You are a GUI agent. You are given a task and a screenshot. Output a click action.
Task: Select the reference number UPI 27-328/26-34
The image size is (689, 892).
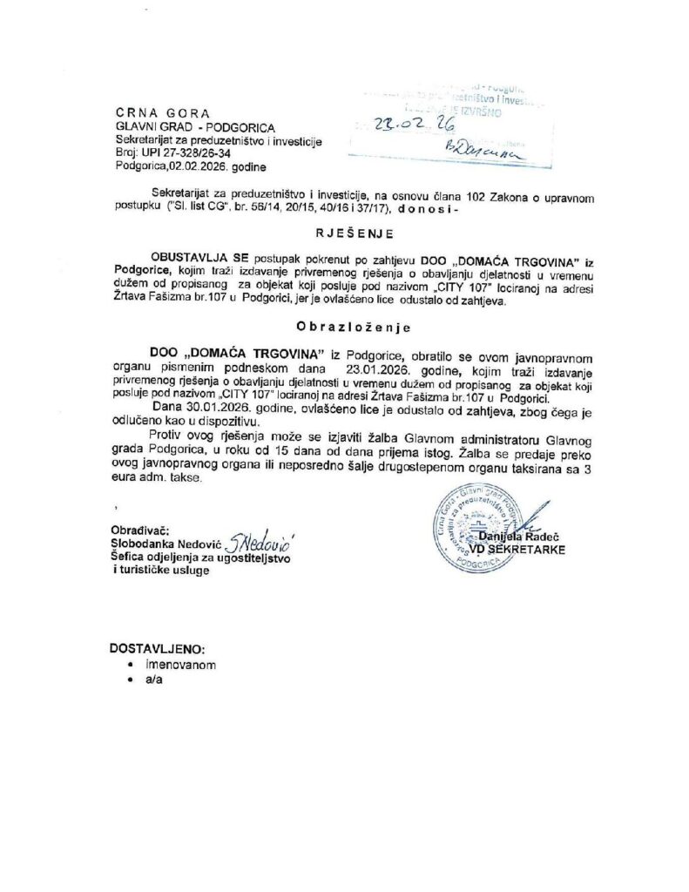(x=179, y=152)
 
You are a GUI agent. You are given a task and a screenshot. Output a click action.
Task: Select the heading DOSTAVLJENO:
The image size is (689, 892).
(x=158, y=649)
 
